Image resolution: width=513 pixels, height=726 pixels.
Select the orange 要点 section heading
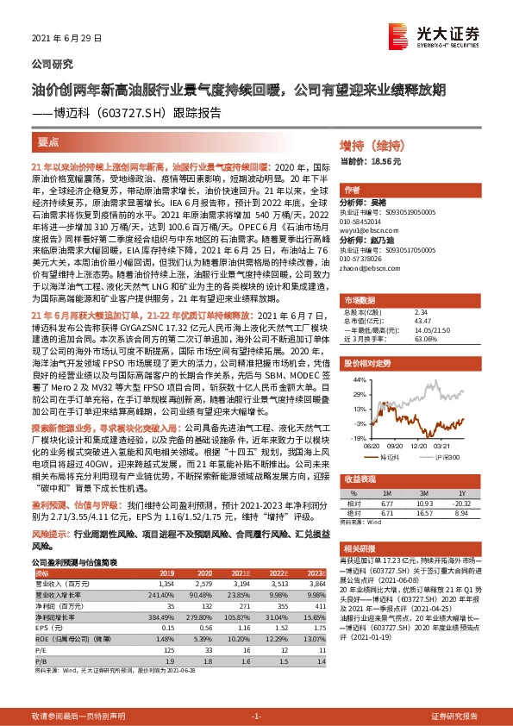click(48, 142)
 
